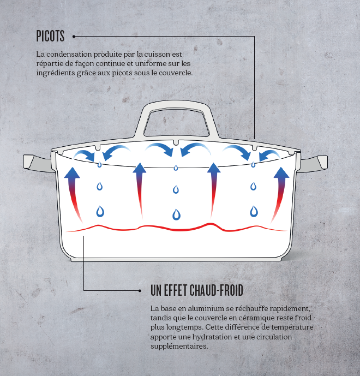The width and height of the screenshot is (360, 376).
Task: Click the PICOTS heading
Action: click(50, 37)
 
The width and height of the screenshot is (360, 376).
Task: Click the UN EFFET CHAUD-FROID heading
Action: click(196, 290)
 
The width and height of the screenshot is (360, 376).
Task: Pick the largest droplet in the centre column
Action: click(176, 214)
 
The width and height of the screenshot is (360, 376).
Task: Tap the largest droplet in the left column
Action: click(100, 211)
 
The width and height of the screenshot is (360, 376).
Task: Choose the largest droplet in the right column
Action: click(253, 211)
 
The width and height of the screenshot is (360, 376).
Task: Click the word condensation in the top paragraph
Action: click(68, 55)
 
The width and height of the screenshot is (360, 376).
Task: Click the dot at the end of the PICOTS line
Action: click(73, 37)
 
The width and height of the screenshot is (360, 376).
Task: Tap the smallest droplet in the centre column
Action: click(176, 168)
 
